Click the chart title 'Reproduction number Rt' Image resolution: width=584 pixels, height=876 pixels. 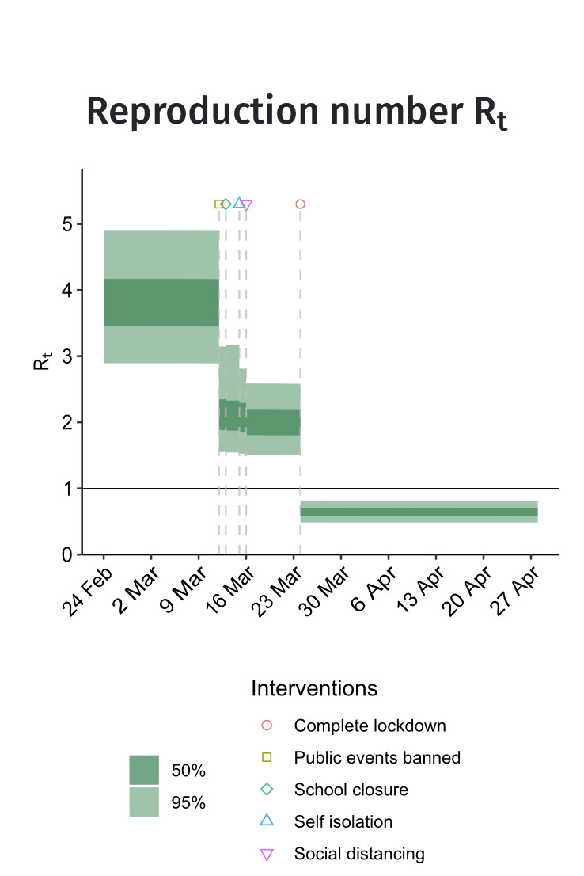click(x=296, y=113)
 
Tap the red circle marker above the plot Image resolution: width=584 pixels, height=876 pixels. click(x=300, y=204)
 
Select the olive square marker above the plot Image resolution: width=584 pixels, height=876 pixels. click(x=219, y=204)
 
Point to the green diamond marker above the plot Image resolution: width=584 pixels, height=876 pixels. click(x=226, y=204)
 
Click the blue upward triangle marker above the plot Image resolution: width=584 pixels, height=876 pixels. click(x=239, y=204)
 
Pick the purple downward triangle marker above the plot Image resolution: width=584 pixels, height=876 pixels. click(x=246, y=205)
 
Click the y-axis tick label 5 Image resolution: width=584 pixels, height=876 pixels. click(x=69, y=224)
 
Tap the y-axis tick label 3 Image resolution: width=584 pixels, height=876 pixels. click(x=69, y=356)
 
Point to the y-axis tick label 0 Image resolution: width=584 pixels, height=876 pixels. click(x=69, y=554)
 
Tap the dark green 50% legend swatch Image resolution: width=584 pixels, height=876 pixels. click(x=144, y=770)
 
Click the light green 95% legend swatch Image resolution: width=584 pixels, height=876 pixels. click(x=144, y=802)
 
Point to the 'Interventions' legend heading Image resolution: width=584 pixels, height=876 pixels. click(x=314, y=687)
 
